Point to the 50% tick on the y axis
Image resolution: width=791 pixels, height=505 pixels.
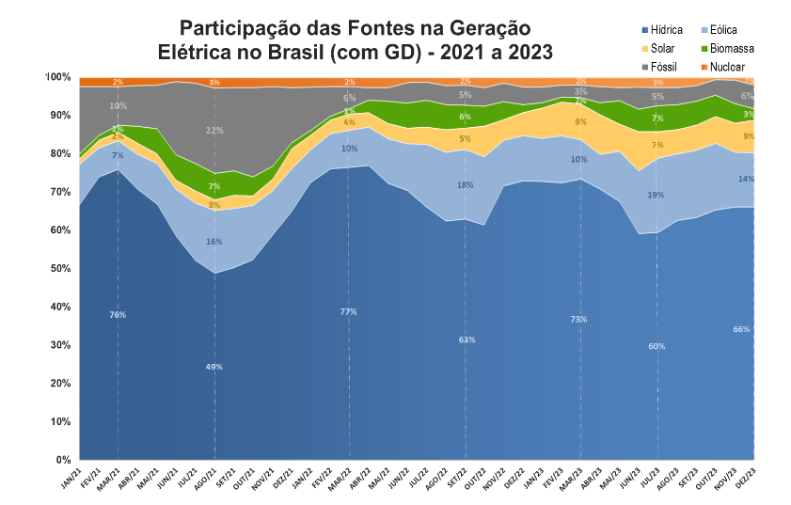[x=58, y=269]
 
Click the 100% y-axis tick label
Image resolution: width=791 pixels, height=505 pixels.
[x=56, y=77]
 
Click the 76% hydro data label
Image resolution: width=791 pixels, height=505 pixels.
[x=118, y=315]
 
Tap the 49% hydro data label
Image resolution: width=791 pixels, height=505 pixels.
[x=214, y=367]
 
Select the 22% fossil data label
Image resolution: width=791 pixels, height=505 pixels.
[x=214, y=131]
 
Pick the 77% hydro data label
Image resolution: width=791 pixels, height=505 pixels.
[x=348, y=311]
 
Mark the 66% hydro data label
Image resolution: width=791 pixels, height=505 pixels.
[x=741, y=329]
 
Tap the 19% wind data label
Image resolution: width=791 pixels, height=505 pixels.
[x=656, y=195]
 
